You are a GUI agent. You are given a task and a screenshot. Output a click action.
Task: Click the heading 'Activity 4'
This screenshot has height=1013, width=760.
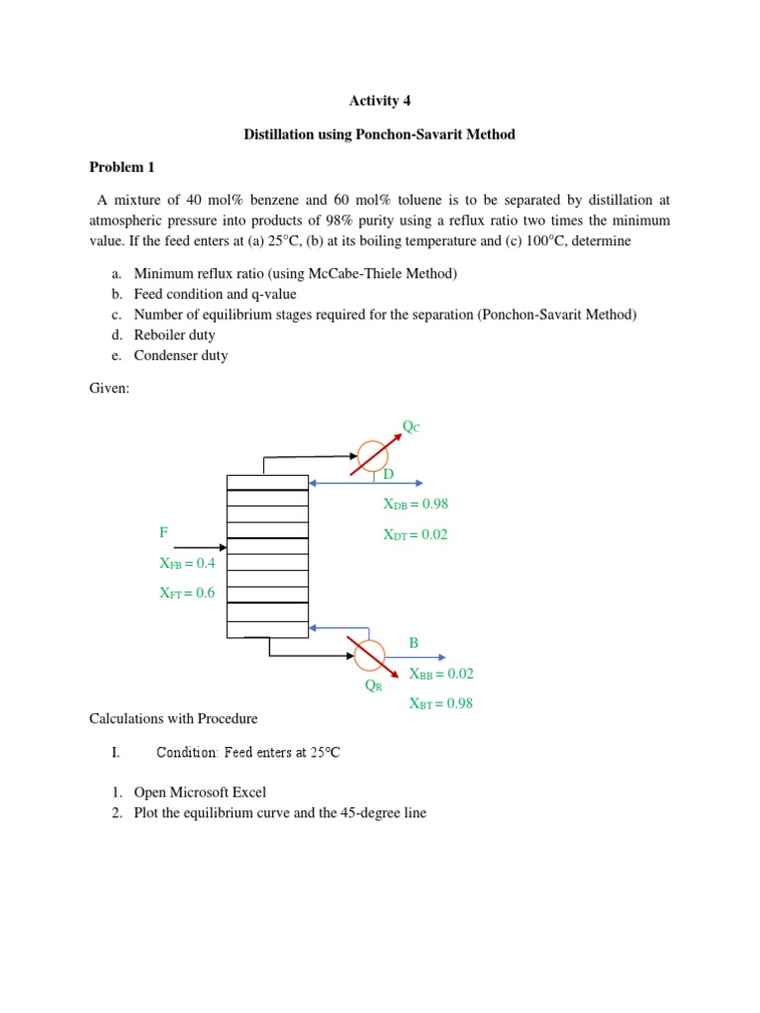379,101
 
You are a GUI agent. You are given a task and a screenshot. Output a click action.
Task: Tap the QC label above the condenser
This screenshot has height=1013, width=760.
410,426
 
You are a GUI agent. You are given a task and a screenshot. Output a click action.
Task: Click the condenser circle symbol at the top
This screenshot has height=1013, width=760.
373,456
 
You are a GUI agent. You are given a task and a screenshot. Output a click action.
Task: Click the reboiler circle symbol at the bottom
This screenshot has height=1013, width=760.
367,655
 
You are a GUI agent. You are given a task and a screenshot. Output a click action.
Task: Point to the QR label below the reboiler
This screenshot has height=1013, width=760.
373,686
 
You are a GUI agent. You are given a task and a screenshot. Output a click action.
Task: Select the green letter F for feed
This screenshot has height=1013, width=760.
163,532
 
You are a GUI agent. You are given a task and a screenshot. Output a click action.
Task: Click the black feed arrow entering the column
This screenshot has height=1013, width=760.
205,547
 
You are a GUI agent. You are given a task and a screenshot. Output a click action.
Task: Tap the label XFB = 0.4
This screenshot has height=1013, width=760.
187,563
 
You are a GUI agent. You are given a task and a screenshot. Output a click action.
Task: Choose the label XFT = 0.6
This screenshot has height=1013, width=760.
187,594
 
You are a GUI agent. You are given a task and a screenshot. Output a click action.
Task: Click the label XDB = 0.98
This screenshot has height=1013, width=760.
416,504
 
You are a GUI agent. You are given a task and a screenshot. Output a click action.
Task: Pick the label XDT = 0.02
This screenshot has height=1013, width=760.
416,535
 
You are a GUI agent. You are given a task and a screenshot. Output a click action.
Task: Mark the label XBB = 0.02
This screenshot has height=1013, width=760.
441,674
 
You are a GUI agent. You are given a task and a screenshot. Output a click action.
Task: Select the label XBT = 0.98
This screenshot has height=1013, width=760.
441,704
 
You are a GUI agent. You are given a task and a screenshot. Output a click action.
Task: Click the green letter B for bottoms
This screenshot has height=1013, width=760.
414,643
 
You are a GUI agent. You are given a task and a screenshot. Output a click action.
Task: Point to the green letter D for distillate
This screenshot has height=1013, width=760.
388,475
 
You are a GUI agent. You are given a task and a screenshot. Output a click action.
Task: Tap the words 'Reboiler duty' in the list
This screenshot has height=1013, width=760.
174,335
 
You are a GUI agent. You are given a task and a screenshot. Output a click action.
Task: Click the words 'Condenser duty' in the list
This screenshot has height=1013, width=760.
180,355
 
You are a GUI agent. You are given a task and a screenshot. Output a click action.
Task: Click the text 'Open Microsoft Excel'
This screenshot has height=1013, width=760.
200,792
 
